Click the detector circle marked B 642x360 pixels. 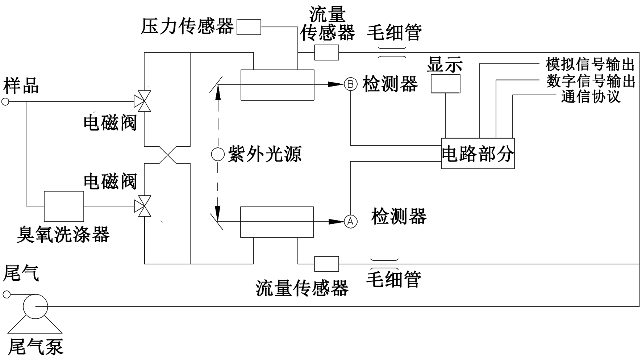tap(350, 84)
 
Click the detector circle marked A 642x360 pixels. tap(350, 221)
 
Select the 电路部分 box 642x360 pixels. tap(478, 154)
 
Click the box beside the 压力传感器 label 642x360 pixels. tap(249, 27)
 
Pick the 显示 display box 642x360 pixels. tap(445, 84)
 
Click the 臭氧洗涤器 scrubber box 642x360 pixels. tap(64, 206)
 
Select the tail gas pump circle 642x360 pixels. tap(35, 306)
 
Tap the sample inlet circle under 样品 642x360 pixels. tap(5, 102)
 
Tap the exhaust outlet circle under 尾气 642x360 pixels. tap(7, 294)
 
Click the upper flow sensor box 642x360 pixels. tap(326, 53)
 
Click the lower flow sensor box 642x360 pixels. tap(326, 264)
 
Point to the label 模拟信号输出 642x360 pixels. tap(590, 64)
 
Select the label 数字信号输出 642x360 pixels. tap(591, 81)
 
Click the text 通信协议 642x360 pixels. tap(591, 97)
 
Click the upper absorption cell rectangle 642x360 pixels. tap(277, 85)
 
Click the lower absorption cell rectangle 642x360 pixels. tap(277, 222)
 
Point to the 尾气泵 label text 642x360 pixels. tap(36, 347)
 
